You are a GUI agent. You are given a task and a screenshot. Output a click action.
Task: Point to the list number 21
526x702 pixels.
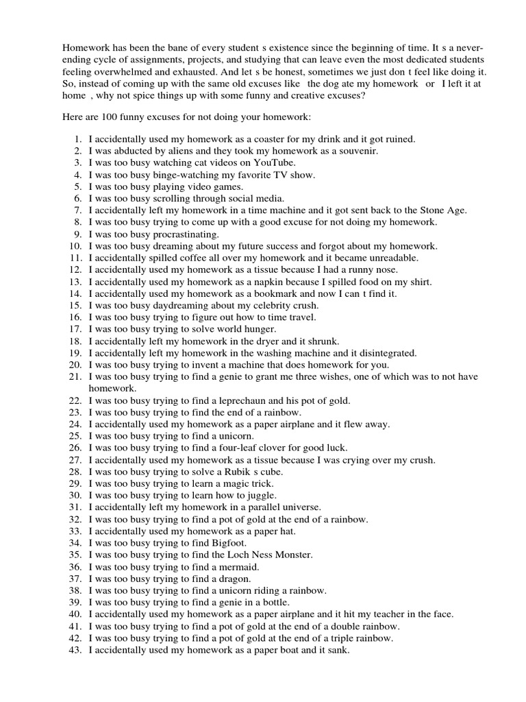point(75,376)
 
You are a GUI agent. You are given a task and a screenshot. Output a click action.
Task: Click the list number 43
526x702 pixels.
point(75,650)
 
